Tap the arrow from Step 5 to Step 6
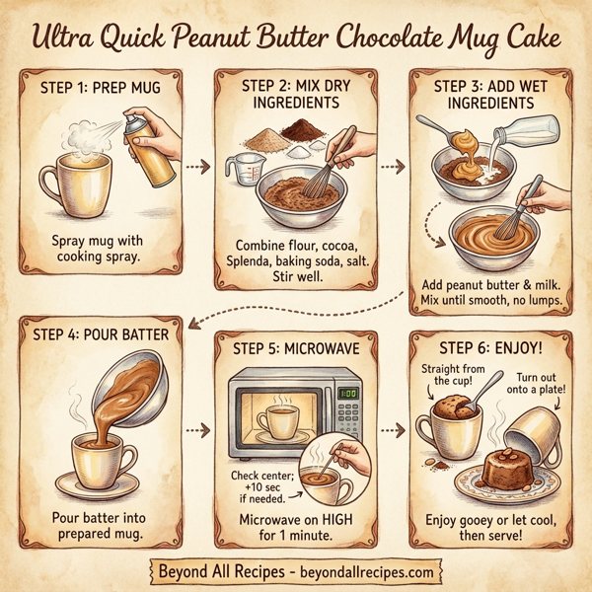coord(394,430)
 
